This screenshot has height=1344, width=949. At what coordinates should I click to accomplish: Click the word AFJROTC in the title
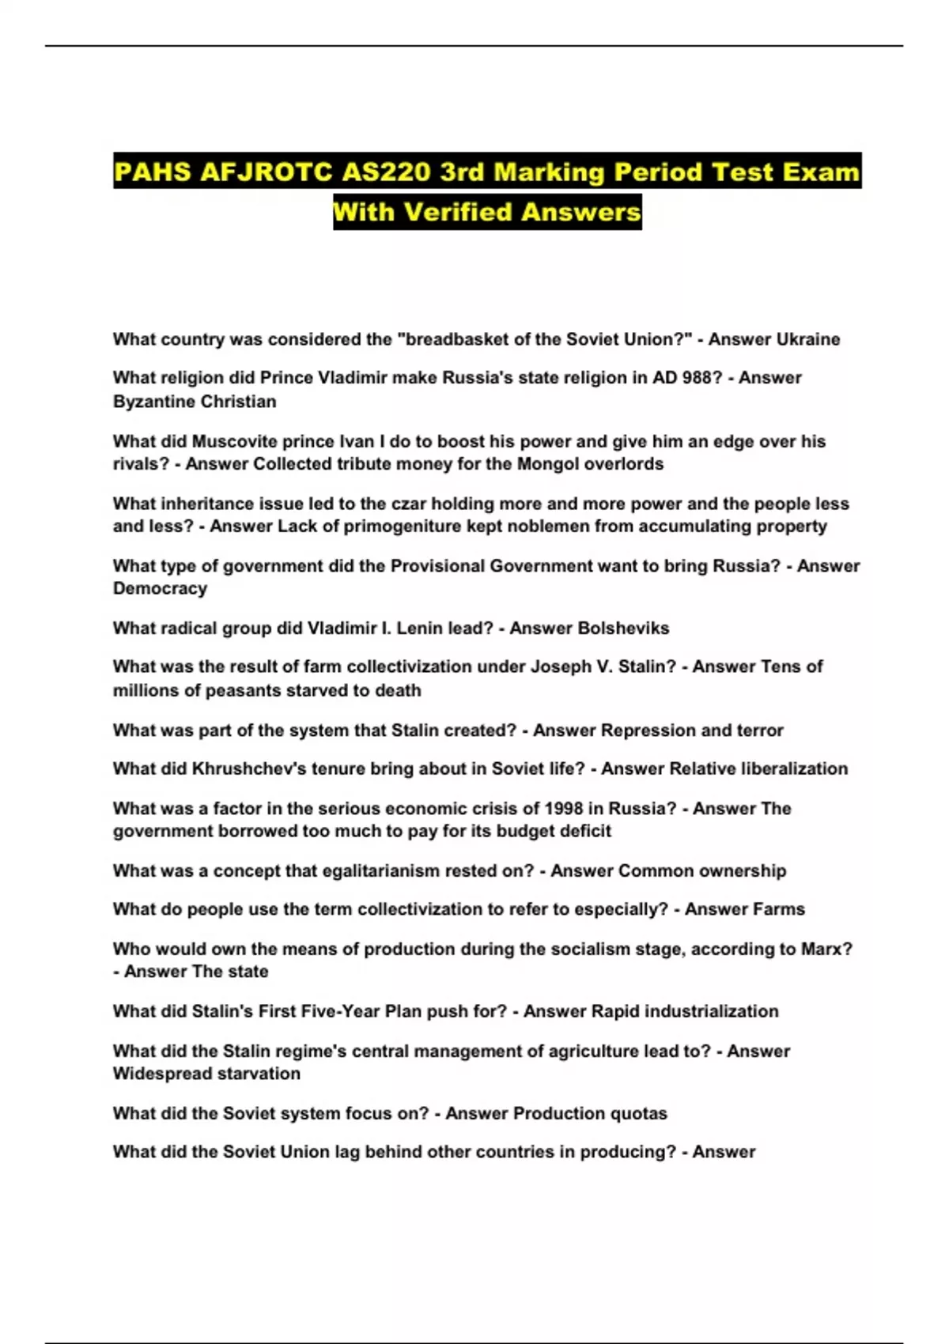[266, 172]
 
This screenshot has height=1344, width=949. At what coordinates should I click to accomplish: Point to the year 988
[698, 378]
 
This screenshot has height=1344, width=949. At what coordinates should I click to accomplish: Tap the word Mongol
[547, 464]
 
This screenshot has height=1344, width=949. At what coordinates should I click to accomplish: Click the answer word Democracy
[160, 589]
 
